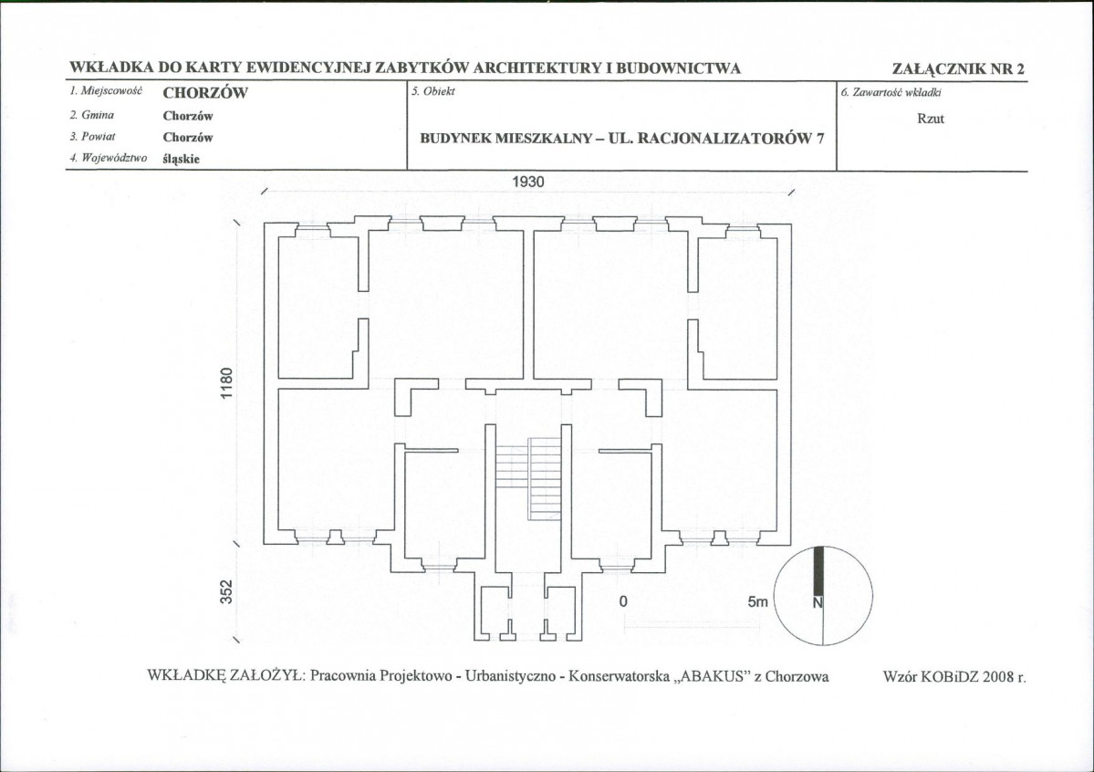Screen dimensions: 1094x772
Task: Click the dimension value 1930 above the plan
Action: click(528, 183)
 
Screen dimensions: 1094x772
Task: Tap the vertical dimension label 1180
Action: click(227, 383)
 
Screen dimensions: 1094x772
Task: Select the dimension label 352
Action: click(227, 592)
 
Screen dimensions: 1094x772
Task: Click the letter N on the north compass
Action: click(818, 601)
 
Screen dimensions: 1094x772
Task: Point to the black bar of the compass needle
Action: click(818, 571)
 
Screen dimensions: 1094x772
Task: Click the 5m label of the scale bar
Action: click(757, 601)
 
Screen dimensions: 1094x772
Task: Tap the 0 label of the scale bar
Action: click(623, 601)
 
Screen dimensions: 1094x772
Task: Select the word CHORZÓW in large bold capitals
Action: click(205, 93)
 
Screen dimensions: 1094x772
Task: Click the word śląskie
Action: click(182, 159)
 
